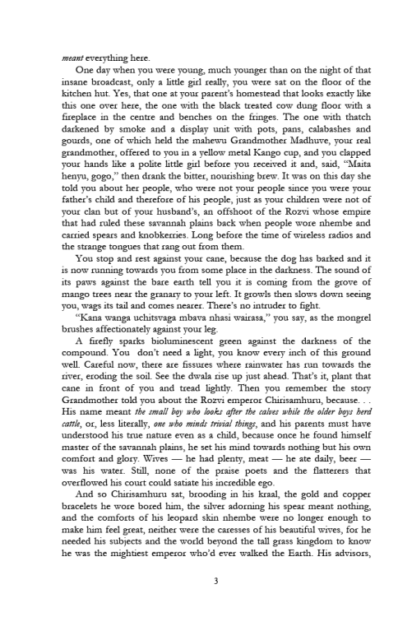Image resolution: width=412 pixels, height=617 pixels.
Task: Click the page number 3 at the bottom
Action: pos(205,582)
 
